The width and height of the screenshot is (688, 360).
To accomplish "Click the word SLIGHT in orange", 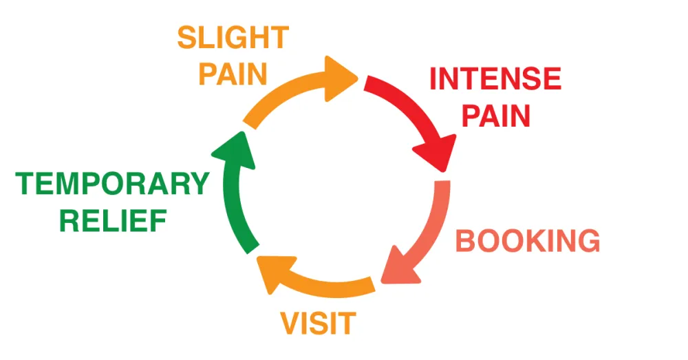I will click(232, 38).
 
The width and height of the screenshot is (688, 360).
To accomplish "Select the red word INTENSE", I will click(495, 79).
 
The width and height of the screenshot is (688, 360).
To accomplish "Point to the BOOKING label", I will click(528, 241).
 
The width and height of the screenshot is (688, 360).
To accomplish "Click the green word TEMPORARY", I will click(112, 184).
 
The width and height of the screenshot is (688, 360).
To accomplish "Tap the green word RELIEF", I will click(113, 222).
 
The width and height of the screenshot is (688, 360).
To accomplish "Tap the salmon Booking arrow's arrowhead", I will click(398, 268).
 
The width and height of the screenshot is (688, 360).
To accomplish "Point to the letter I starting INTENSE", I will click(433, 79).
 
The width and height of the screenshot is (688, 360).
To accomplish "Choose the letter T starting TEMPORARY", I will click(25, 184).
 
